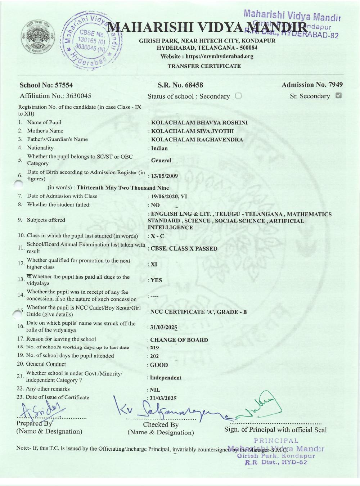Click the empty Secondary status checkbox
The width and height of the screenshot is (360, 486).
(238, 96)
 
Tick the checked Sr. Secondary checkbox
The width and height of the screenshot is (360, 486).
(338, 96)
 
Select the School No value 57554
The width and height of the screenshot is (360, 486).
(64, 85)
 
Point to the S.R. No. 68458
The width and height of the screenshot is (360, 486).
(180, 85)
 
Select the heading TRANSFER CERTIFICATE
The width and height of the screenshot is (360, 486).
(204, 66)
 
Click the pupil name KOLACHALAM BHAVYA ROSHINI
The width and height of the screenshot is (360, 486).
(199, 123)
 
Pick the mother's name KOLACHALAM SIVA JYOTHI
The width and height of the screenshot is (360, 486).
(192, 131)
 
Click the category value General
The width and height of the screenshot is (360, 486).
(161, 161)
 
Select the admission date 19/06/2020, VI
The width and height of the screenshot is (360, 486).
(169, 197)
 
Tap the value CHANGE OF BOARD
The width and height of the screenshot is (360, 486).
(179, 340)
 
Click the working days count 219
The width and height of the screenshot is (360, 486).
(154, 348)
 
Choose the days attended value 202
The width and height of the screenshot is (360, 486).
(154, 356)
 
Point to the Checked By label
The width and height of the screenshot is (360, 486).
(161, 425)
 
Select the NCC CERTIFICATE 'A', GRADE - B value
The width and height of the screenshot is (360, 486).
(198, 312)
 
